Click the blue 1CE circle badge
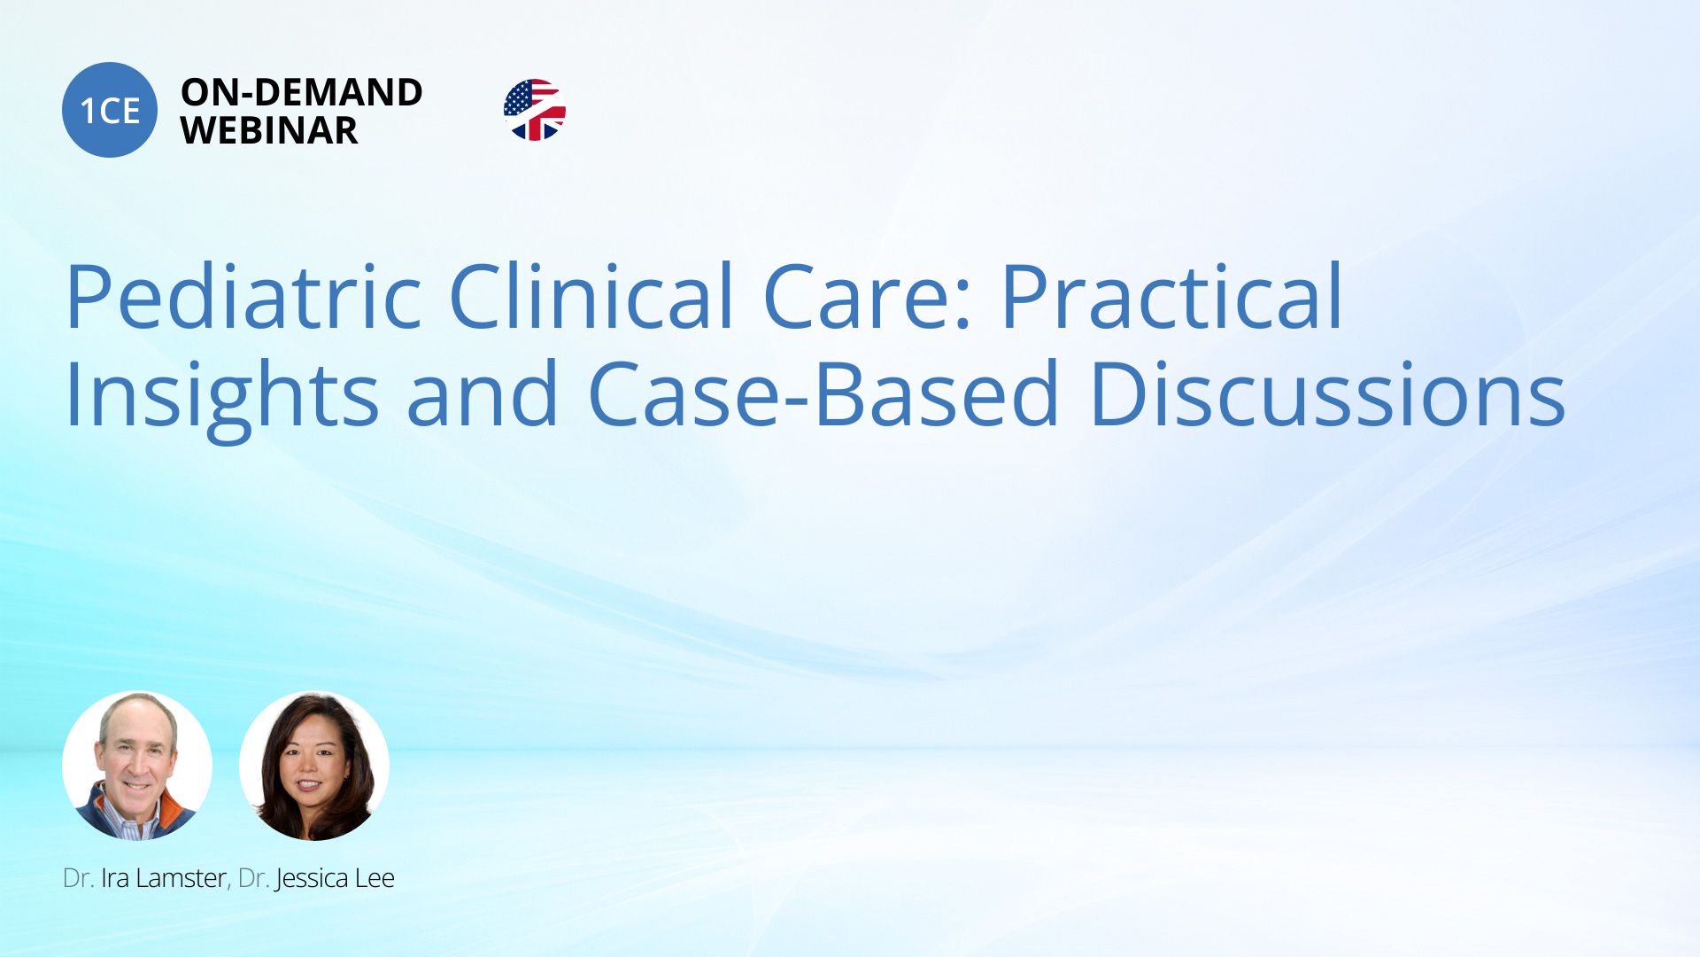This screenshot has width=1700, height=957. click(110, 110)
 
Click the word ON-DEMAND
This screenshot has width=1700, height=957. click(302, 92)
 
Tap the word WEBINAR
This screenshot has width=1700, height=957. click(269, 130)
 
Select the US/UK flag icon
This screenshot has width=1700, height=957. click(535, 110)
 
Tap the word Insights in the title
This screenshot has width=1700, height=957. click(222, 395)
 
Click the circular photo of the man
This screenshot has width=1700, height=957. click(137, 766)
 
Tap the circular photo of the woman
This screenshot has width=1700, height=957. click(314, 766)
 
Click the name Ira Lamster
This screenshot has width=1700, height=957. click(164, 878)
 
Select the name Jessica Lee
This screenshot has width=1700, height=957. click(335, 879)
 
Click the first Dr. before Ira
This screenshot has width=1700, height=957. click(78, 878)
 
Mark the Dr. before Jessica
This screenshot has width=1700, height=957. click(253, 878)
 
